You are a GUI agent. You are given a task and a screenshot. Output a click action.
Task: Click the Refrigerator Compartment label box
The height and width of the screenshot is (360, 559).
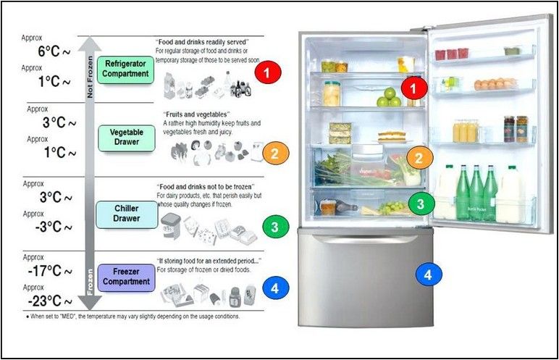tap(125, 70)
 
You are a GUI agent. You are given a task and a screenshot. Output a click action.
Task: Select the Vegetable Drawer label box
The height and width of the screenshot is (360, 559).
tap(127, 138)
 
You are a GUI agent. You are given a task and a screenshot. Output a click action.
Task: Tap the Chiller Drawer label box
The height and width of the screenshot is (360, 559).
tap(127, 214)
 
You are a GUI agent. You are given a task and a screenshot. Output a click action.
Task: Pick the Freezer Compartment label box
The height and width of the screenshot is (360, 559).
tap(126, 277)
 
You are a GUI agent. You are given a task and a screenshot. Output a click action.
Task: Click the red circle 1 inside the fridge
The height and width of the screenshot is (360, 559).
tap(414, 88)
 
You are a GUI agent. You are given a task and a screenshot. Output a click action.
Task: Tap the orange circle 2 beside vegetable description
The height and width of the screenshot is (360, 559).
tap(276, 153)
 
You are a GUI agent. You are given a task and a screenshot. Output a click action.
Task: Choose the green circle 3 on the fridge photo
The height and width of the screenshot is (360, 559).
tap(421, 204)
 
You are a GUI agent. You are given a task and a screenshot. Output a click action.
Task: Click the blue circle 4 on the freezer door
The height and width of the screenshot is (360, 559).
tap(429, 275)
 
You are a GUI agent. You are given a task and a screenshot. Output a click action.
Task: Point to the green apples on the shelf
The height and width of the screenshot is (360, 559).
tap(389, 97)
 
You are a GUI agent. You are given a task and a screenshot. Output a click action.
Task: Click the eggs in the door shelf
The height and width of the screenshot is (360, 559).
tap(495, 84)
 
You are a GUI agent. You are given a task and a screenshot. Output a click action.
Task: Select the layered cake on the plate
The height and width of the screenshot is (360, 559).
tap(392, 136)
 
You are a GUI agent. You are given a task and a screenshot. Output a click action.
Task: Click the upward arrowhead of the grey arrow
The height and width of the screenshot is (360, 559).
tap(89, 45)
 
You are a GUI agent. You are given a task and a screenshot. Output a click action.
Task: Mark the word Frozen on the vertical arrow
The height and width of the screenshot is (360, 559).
tap(90, 282)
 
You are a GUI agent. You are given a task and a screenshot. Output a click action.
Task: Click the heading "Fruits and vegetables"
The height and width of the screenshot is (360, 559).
tap(197, 114)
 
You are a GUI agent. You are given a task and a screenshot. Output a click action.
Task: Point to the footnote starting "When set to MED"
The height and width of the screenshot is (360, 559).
tap(133, 316)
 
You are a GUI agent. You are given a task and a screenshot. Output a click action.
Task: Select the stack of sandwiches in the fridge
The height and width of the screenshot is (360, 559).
tap(340, 133)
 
